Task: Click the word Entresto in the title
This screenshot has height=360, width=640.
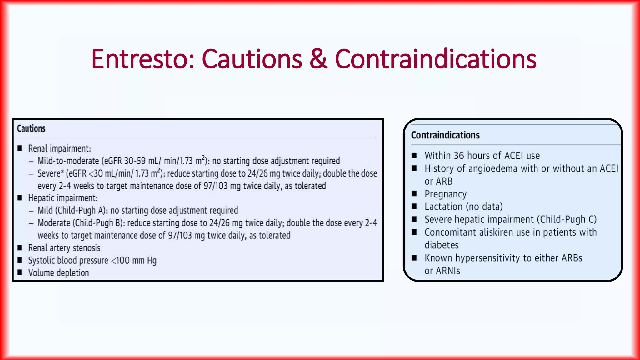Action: coord(142,59)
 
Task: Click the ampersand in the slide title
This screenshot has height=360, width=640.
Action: coord(318,59)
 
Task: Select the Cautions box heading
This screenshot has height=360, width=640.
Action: coord(31,128)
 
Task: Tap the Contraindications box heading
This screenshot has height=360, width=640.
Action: coord(445,135)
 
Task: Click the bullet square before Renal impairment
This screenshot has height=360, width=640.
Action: coord(20,148)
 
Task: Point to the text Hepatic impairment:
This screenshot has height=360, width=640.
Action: coord(63,198)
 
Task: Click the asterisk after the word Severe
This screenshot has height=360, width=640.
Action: coord(62,172)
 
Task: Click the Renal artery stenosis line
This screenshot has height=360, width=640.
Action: coord(64,248)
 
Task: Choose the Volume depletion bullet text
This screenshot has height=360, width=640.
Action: coord(58,273)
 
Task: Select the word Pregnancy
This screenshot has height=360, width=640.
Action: coord(445,194)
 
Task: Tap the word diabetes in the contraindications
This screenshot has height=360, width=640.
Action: coord(441,245)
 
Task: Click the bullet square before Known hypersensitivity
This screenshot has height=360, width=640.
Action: coord(414,258)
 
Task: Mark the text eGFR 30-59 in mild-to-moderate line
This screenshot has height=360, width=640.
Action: coord(124,161)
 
